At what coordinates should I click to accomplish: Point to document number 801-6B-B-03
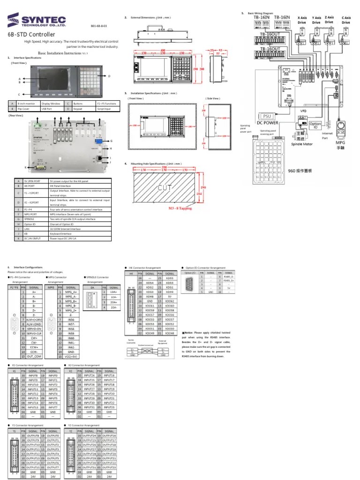coord(98,27)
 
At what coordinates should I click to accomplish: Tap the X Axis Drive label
coord(304,20)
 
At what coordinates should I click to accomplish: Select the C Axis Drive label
coord(346,20)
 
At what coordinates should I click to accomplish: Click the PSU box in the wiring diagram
coord(265,116)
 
